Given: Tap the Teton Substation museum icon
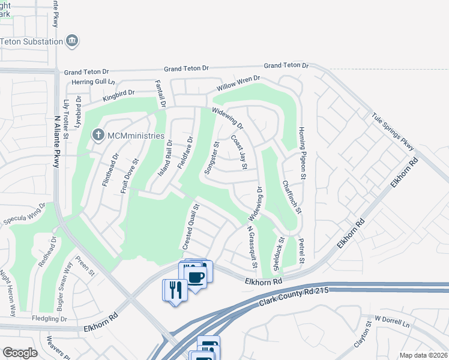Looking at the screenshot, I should [x=73, y=41].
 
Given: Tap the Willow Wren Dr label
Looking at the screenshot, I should [x=238, y=86].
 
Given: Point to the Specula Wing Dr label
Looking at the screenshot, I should [x=24, y=215].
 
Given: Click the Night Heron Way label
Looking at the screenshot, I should [x=7, y=293].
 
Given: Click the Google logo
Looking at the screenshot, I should [x=20, y=353].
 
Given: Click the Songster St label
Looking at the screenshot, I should [x=211, y=158].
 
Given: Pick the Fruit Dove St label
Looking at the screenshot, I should [x=131, y=175].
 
